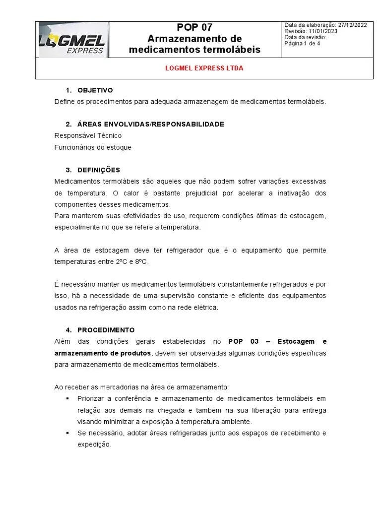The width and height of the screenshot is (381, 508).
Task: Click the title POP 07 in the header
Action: coord(194,28)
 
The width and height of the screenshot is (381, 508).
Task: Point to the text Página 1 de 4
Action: coord(302,43)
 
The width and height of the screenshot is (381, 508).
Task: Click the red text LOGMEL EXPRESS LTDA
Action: coord(204,68)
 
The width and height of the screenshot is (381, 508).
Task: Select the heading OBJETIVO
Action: coord(95,90)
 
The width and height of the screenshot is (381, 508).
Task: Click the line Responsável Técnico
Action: coord(88,135)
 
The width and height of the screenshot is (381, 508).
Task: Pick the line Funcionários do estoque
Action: coord(93,147)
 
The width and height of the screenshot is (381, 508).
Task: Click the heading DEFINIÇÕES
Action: coord(99,170)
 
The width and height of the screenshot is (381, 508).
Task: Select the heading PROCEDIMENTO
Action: coord(106,330)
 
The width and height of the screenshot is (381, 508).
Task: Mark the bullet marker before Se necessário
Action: coord(67,434)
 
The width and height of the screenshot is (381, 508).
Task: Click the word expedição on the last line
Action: coord(94,445)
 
